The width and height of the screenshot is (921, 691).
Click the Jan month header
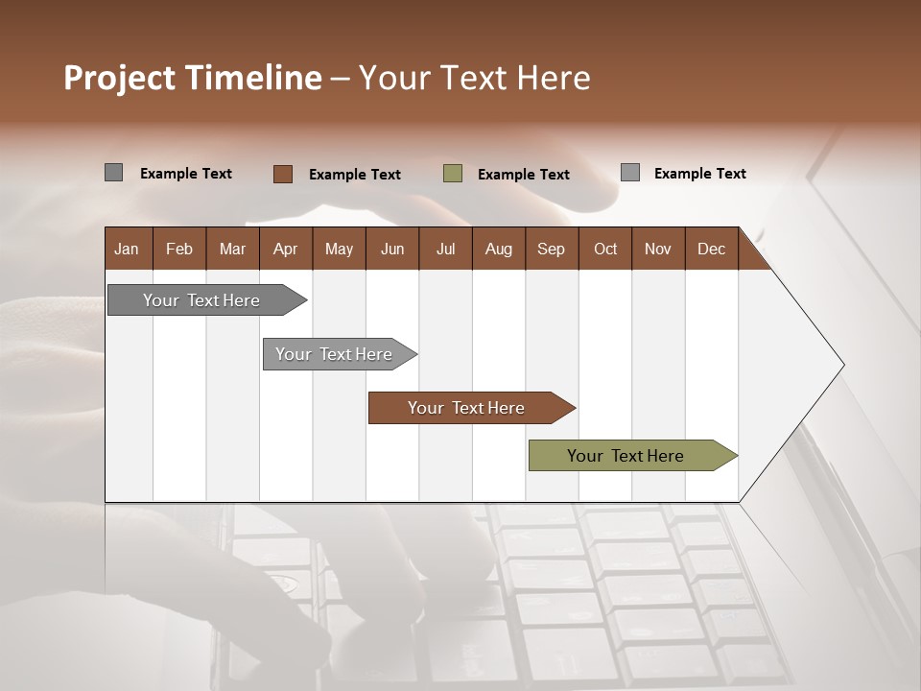tap(128, 249)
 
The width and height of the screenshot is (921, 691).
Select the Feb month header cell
tap(179, 249)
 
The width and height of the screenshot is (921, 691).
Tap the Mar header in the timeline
tap(232, 249)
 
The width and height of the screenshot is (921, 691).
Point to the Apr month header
tap(286, 249)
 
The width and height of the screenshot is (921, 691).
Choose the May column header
tap(339, 249)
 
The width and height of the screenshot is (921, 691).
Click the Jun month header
tap(392, 249)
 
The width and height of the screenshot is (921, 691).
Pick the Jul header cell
tap(445, 249)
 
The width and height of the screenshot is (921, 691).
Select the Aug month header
tap(499, 249)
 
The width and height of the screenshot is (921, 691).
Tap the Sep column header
tap(552, 249)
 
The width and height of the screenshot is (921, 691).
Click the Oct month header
tap(605, 249)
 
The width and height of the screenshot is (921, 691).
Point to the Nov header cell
tap(658, 249)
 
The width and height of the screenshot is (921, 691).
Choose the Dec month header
tap(712, 249)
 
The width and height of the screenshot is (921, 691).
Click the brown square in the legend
tap(283, 174)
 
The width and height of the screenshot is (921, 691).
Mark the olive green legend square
tap(453, 174)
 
